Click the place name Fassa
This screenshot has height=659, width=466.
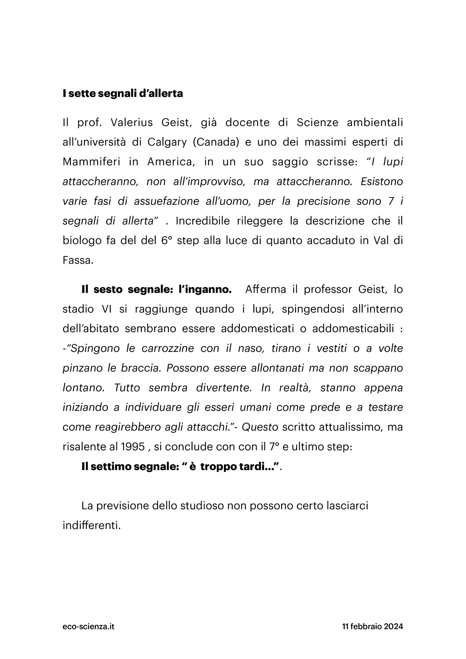tap(78, 260)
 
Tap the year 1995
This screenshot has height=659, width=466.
tap(133, 447)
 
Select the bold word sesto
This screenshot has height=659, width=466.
tap(108, 289)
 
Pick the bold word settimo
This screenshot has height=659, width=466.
tap(110, 466)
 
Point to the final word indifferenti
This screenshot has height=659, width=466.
tap(91, 525)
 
